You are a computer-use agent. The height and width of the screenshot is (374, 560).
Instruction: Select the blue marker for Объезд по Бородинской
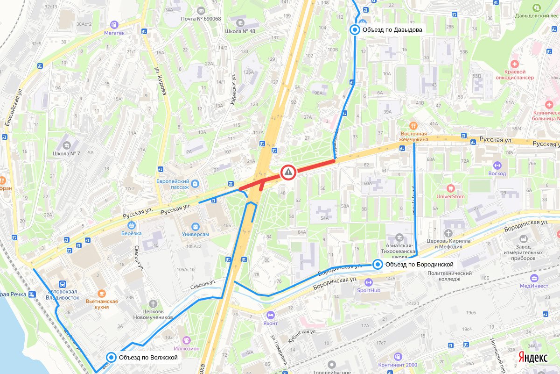click(x=378, y=265)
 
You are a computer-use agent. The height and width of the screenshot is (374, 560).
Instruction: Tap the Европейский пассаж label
click(x=172, y=184)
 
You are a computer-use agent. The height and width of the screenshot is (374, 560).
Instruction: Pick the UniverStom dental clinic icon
click(x=450, y=188)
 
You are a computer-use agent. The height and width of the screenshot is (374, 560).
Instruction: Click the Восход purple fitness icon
click(x=497, y=165)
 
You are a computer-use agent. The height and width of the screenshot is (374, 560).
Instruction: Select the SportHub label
click(x=368, y=290)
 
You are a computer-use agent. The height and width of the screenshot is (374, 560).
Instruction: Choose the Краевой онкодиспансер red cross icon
click(x=515, y=63)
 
